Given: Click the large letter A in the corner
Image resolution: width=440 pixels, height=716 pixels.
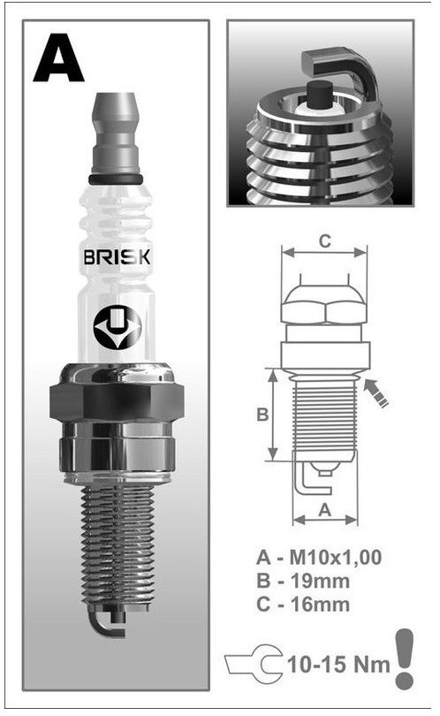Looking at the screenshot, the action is pos(58,58).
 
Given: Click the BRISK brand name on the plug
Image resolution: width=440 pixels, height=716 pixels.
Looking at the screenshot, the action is pos(117,257).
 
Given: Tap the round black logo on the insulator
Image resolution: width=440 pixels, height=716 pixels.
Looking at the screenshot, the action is pos(118,327).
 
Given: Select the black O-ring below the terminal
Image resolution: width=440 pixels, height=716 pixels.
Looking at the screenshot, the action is pos(116,179).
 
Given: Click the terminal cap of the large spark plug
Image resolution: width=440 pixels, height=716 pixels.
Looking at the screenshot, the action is pos(116,133).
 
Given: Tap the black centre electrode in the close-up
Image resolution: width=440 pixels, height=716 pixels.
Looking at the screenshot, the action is pos(319,94).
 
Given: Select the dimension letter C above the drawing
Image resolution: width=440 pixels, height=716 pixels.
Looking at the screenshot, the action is pos(324,240).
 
